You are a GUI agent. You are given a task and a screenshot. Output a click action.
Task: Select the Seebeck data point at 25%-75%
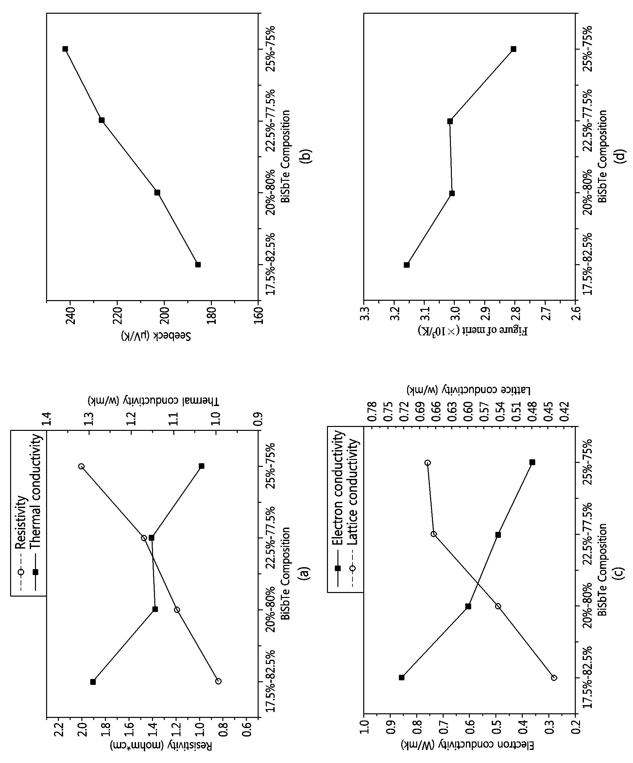65,49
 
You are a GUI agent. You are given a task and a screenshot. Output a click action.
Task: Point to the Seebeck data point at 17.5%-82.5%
198,264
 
